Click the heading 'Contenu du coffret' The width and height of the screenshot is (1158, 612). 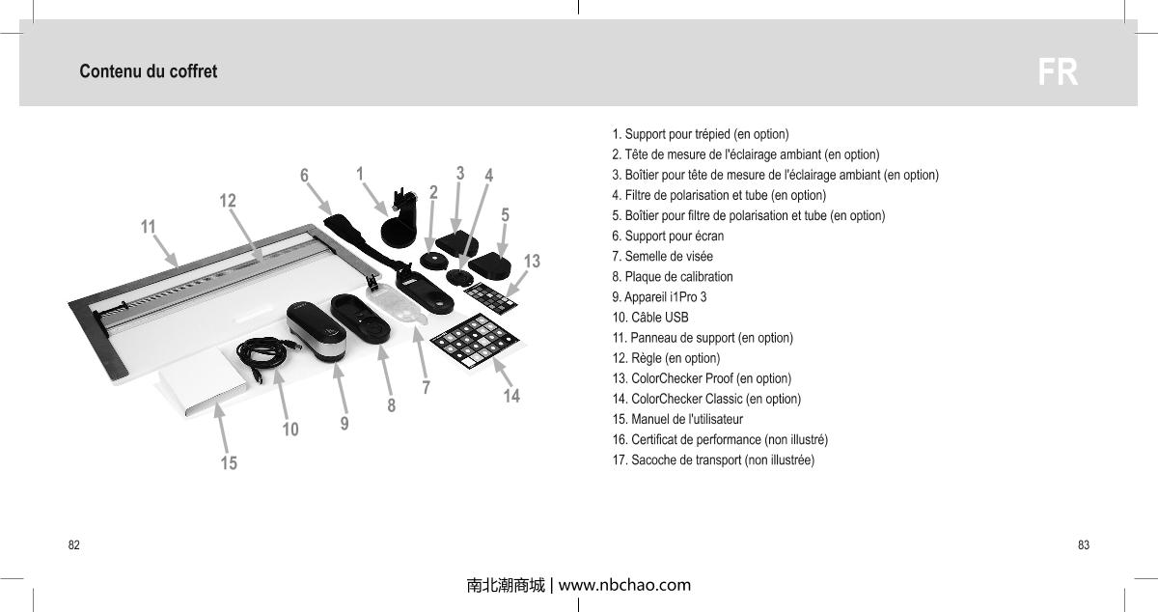pos(149,72)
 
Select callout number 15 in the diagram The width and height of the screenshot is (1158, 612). pos(229,463)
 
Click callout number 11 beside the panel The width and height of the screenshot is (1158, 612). pos(148,226)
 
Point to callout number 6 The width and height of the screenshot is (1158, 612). pos(304,176)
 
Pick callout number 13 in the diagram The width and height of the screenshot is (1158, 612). pos(532,261)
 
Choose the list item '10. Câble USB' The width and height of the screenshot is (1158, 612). pos(650,317)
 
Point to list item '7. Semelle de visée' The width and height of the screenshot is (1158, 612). pos(662,256)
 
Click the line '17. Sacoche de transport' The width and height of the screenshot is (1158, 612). pos(713,459)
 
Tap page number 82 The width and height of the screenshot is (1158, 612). pos(73,545)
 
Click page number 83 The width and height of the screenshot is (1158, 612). pos(1084,545)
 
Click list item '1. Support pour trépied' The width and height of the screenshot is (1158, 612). pos(701,133)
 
